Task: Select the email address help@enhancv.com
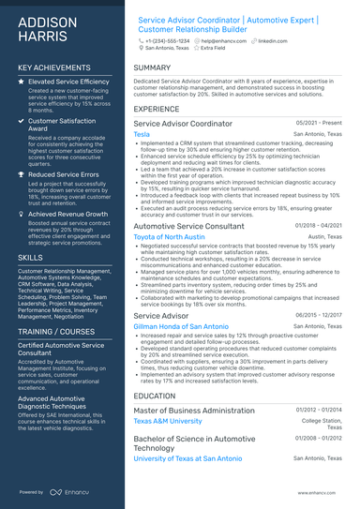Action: tap(224, 42)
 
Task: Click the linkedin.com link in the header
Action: tap(273, 42)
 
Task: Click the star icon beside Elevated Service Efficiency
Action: tap(22, 82)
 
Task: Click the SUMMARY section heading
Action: tap(152, 68)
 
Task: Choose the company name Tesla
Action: tap(142, 134)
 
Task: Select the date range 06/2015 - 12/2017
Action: tap(318, 316)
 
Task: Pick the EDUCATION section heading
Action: tap(156, 397)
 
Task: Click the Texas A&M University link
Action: tap(168, 422)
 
